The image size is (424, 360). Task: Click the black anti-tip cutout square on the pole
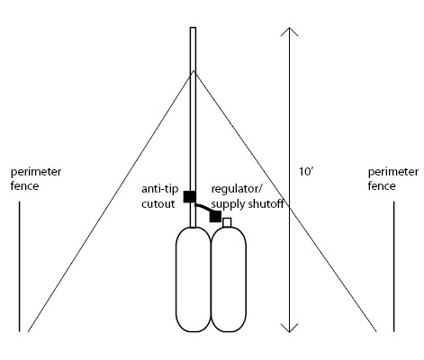[x=190, y=196]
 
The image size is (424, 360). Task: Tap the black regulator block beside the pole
[x=215, y=216]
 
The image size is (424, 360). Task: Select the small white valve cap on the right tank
[x=227, y=222]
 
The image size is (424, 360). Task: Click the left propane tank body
[x=194, y=279]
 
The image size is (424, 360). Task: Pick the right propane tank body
[x=229, y=279]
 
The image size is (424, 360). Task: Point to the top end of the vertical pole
[x=193, y=28]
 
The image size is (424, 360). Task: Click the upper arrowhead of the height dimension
[x=289, y=31]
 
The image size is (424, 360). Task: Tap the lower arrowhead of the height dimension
[x=289, y=328]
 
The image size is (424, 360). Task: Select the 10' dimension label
[x=306, y=172]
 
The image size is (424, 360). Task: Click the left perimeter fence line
[x=20, y=266]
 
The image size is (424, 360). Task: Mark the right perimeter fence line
[x=394, y=266]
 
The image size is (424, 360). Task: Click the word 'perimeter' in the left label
[x=36, y=173]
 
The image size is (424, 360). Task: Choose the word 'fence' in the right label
[x=382, y=186]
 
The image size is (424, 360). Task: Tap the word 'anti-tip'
[x=160, y=190]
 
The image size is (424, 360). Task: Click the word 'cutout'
[x=158, y=204]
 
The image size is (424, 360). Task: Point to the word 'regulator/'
[x=237, y=190]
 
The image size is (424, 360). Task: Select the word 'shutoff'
[x=266, y=204]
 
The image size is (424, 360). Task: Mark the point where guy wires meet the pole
[x=194, y=71]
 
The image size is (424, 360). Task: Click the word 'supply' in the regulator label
[x=229, y=205]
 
